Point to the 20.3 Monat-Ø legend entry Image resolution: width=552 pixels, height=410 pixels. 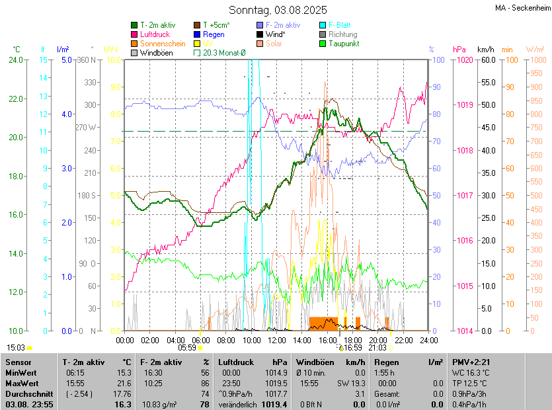(224, 53)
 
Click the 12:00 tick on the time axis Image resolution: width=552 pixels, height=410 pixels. (276, 340)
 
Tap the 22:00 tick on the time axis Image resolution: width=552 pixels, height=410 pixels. (403, 340)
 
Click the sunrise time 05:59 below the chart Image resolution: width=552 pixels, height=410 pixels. (187, 348)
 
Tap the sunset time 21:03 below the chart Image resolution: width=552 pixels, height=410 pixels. (377, 348)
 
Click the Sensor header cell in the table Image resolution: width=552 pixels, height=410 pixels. (19, 362)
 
